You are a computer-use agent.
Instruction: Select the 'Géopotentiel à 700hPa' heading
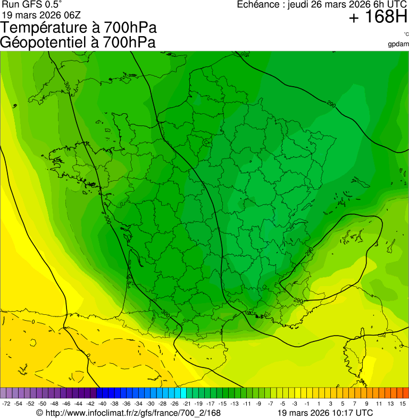coord(78,43)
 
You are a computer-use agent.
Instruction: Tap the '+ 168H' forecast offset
coord(378,18)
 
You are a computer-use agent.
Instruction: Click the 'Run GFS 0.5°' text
coord(32,4)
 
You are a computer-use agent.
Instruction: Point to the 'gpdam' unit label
coord(398,44)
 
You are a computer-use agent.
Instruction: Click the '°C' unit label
coord(406,34)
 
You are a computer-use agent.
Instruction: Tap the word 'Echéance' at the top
coord(259,4)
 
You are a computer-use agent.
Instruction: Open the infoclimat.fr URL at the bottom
coord(133,413)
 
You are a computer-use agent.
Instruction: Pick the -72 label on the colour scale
coord(6,404)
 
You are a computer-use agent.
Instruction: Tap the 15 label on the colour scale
coord(404,404)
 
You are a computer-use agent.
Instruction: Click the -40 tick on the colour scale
coord(102,404)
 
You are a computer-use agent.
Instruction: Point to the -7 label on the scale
coord(270,404)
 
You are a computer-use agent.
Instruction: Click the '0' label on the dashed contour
coord(33,322)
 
